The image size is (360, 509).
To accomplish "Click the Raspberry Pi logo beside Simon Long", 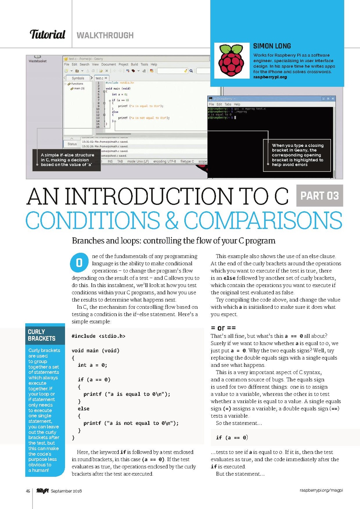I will click(231, 60).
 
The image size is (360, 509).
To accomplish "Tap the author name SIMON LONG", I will click(272, 46).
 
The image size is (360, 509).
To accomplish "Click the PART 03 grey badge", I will click(319, 196).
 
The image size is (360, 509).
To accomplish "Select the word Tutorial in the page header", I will click(47, 34).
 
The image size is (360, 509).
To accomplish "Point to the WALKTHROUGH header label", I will click(105, 35).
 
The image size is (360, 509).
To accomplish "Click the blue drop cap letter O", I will click(79, 263).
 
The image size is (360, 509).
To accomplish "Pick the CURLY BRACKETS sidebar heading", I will click(42, 335).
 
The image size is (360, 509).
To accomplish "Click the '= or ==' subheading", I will click(223, 328).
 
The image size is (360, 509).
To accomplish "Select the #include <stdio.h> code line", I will click(98, 336).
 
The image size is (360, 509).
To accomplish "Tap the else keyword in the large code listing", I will click(83, 408).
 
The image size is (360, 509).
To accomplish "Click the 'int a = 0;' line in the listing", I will click(92, 365).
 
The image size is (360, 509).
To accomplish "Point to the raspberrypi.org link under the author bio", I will click(270, 77).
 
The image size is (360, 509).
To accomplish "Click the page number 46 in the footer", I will click(28, 491).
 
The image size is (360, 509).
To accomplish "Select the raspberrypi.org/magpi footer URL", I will click(321, 490).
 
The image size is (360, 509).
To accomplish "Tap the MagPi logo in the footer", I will click(42, 491).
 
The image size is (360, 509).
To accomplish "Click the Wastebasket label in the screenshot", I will click(37, 61).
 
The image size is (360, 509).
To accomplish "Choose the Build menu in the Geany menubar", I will click(134, 64).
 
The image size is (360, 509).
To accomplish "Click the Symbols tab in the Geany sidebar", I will click(78, 78).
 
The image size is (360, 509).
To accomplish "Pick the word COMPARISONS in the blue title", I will click(263, 221).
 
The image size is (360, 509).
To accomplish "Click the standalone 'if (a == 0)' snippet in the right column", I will click(232, 437).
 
